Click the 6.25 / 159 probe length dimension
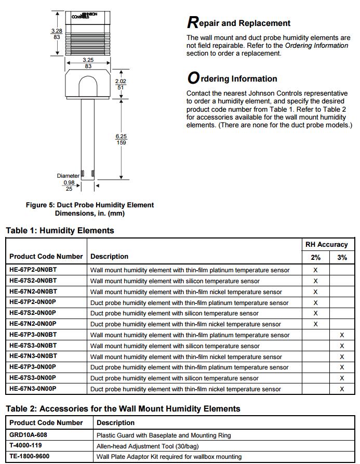(x=121, y=139)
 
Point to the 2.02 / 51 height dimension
(x=121, y=85)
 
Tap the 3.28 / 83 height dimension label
(x=56, y=34)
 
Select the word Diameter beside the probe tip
(x=68, y=176)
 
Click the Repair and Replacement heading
(x=238, y=23)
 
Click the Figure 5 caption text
(x=89, y=209)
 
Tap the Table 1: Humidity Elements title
(x=60, y=230)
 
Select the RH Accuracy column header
(x=326, y=244)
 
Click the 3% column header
(x=342, y=257)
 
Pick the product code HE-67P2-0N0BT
(x=33, y=270)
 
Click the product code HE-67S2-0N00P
(x=33, y=313)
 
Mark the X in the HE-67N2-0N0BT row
(x=315, y=291)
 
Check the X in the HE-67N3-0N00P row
(x=342, y=389)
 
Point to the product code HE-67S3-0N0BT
(x=33, y=346)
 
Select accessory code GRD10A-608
(x=29, y=435)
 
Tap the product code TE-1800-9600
(x=30, y=456)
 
